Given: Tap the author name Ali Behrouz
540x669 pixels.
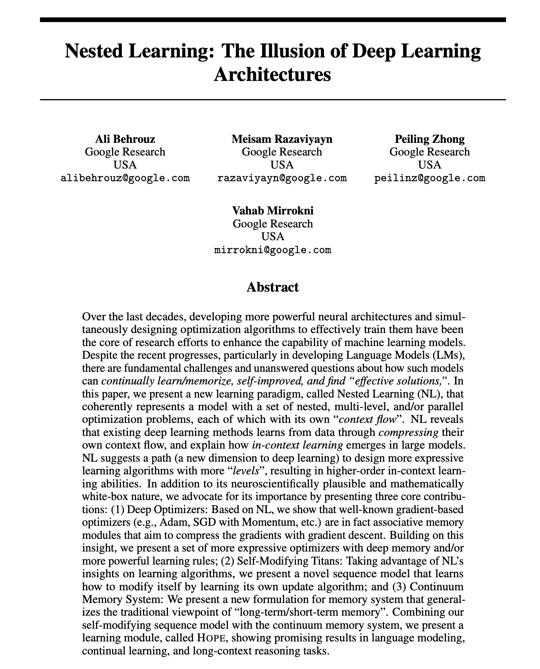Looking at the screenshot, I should [125, 139].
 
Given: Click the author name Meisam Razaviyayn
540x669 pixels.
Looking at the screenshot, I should [282, 139].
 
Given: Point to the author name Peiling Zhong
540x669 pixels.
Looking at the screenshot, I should [430, 139].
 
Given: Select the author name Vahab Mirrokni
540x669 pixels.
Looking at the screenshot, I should [273, 211].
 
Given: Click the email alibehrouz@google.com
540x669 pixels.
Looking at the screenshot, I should [125, 178].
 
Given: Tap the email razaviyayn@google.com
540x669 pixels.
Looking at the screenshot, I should [282, 178].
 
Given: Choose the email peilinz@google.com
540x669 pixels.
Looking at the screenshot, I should [430, 178].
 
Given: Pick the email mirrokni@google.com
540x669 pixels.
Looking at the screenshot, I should [273, 249].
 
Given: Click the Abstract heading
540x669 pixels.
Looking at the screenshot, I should [273, 287].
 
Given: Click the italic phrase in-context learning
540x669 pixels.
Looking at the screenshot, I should [297, 445].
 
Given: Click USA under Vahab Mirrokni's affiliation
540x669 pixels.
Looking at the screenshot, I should [273, 236].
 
